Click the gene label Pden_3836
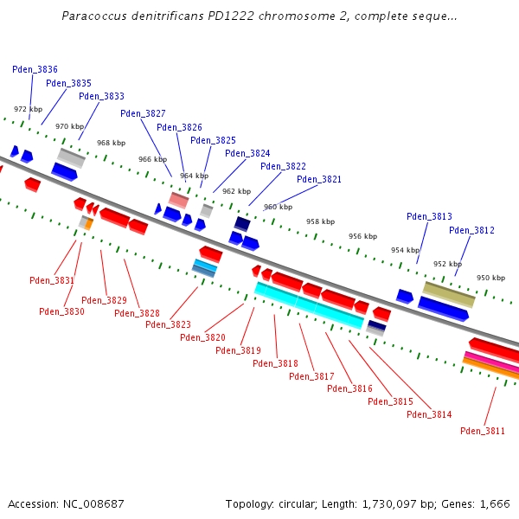pos(35,69)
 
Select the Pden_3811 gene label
pos(483,431)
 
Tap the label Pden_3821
pos(319,180)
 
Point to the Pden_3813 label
pos(429,216)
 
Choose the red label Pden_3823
pos(168,324)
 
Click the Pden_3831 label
pos(52,280)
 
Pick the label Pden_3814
pos(429,414)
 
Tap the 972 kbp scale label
pos(28,110)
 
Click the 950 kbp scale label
pos(490,278)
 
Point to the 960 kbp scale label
pos(278,207)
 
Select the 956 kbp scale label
pos(362,236)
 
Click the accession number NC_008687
pos(93,503)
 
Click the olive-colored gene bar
pos(448,293)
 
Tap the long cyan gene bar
pos(309,305)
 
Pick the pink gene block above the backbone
pos(178,200)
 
